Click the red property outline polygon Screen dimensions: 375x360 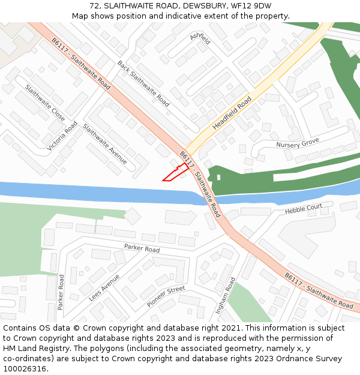click(175, 174)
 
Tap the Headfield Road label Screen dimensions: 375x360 click(232, 113)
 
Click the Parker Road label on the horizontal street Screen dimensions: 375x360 click(142, 248)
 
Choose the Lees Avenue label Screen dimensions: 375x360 click(104, 288)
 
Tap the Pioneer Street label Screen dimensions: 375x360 click(166, 297)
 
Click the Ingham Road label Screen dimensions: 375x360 click(226, 296)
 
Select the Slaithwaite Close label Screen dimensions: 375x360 click(45, 103)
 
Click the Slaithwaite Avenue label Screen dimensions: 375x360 click(105, 144)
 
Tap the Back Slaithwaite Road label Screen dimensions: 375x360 click(143, 84)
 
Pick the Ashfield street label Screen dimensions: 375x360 click(200, 39)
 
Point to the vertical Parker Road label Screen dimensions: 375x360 click(61, 292)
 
